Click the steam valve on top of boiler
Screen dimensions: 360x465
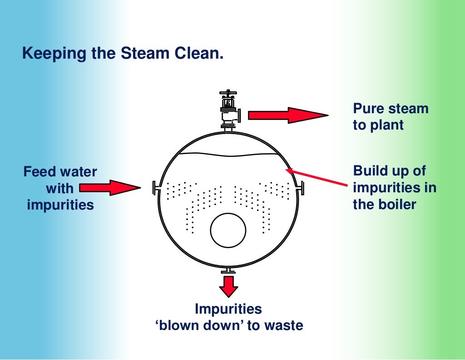[228, 114]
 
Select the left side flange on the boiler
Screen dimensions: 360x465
[155, 187]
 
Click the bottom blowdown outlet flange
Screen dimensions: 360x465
[228, 271]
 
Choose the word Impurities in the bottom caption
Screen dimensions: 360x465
[228, 309]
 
